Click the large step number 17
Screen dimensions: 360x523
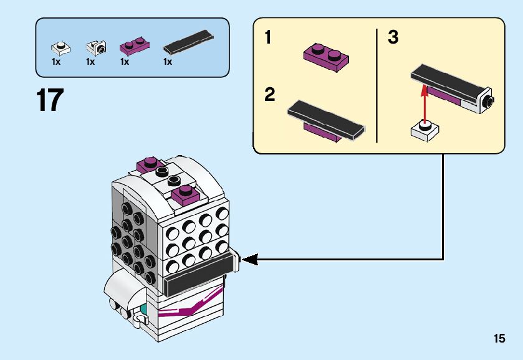(x=50, y=101)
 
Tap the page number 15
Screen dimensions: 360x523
(x=499, y=339)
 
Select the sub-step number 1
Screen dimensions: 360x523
(x=268, y=38)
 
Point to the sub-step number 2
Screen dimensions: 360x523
(x=270, y=95)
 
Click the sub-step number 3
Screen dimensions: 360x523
(x=393, y=38)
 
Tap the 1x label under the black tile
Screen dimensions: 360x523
(x=167, y=62)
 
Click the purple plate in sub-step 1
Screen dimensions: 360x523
(x=325, y=55)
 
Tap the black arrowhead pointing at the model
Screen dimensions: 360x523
(x=247, y=258)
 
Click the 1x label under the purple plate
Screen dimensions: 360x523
(x=125, y=62)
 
